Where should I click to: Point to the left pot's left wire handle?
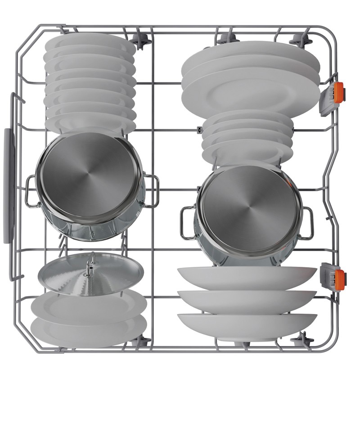coord(31,191)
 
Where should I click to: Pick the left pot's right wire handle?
coord(151,191)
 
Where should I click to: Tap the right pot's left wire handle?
coord(188,223)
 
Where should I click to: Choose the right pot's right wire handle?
coord(307,223)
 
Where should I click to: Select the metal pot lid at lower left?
coord(90,274)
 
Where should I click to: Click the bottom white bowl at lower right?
coord(247,326)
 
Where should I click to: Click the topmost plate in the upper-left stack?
coord(90,42)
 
